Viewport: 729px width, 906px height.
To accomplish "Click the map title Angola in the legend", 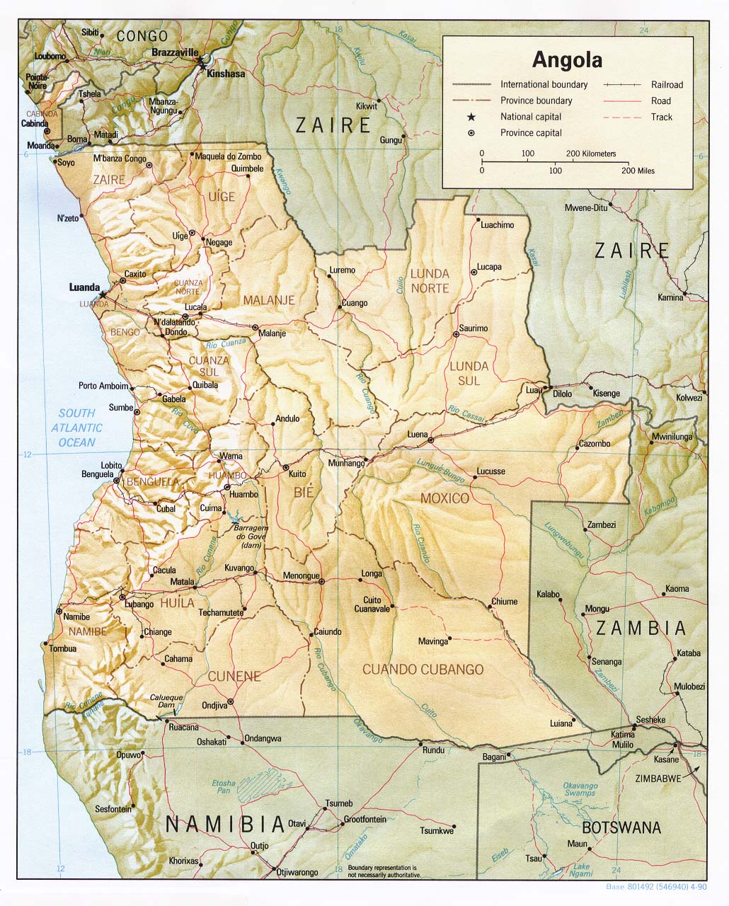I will tap(567, 59).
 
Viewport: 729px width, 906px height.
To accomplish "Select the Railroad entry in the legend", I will tap(667, 85).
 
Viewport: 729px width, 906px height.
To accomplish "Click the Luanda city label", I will tap(84, 287).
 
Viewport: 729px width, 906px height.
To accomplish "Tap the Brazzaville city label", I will tap(175, 52).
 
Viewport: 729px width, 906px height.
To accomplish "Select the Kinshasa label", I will tap(226, 74).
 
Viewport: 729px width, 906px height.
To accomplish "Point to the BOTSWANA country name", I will tap(621, 827).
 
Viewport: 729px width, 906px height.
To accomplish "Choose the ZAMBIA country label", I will tap(641, 628).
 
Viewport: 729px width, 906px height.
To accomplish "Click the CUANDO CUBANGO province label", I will tap(423, 669).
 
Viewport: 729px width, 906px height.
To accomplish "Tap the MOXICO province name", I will tap(444, 498).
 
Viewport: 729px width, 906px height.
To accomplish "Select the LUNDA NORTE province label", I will tap(430, 281).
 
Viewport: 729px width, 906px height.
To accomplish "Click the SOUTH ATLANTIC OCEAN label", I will tap(76, 428).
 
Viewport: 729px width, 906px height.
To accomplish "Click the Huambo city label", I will tap(244, 495).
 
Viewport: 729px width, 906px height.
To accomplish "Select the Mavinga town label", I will tap(433, 641).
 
